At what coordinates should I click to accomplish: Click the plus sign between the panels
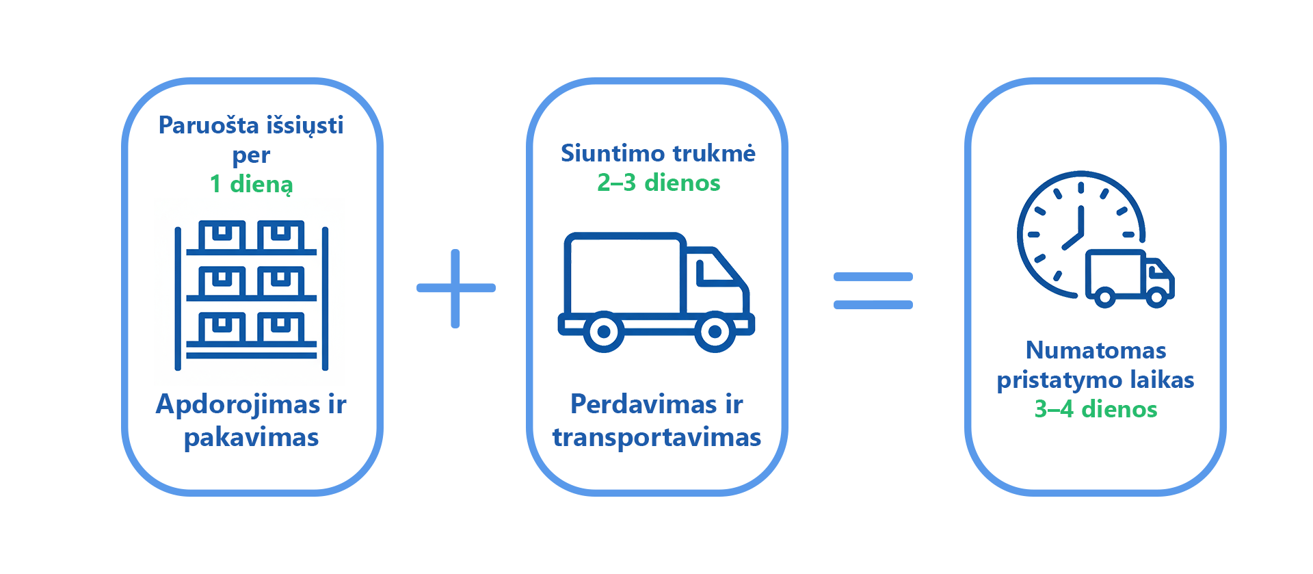point(455,288)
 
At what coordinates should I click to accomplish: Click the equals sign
point(873,291)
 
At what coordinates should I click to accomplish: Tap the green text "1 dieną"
point(252,184)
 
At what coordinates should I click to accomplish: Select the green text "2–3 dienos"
point(659,183)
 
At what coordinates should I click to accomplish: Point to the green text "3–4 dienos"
point(1096,409)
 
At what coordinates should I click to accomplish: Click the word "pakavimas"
point(251,436)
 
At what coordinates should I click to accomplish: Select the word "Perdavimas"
point(638,404)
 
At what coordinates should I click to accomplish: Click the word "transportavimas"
point(656,437)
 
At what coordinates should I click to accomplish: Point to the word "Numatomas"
point(1096,350)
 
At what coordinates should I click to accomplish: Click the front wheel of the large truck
point(715,332)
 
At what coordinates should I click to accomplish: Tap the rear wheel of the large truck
point(603,332)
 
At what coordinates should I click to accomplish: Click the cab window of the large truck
point(717,272)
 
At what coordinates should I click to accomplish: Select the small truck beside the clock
point(1130,278)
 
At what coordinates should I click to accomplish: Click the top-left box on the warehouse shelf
point(222,236)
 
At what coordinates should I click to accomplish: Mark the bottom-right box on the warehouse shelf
point(281,328)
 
